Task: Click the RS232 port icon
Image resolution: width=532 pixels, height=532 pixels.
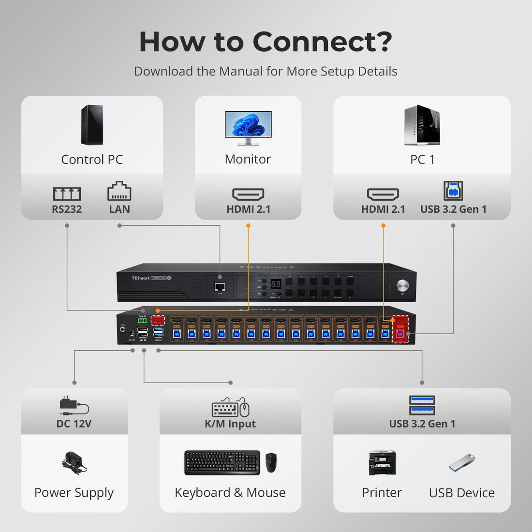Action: tap(67, 194)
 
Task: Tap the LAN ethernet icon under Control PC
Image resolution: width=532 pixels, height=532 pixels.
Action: tap(119, 192)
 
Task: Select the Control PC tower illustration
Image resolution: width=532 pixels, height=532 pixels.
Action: tap(92, 125)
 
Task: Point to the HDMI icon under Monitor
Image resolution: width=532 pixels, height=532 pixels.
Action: tap(248, 194)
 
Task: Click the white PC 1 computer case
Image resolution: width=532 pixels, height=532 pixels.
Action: tap(422, 125)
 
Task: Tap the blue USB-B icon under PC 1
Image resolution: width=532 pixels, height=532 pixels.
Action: tap(453, 191)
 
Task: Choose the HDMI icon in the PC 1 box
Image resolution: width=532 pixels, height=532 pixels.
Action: tap(383, 194)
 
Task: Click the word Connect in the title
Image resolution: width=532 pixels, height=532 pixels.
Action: tap(322, 42)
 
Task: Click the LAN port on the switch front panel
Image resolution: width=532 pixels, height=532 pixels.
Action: tap(220, 288)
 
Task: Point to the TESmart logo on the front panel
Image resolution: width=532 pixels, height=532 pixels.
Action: tap(140, 279)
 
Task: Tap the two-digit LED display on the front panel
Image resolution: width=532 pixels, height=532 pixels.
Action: tap(276, 284)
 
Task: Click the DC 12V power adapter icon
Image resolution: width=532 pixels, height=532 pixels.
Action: tap(74, 406)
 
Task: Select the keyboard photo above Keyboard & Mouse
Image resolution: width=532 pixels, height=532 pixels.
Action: tap(222, 463)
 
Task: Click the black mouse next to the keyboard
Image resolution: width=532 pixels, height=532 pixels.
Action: tap(271, 463)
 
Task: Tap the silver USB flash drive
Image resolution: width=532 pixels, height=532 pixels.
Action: tap(462, 463)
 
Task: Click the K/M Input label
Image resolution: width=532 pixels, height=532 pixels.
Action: tap(230, 424)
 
